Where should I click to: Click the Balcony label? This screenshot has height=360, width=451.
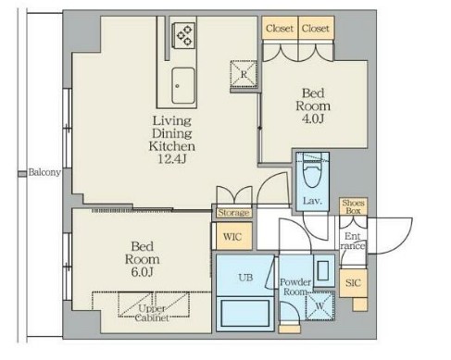[x=44, y=172]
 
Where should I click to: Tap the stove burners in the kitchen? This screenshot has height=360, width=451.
[x=184, y=35]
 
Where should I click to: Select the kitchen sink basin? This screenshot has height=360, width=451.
[x=183, y=86]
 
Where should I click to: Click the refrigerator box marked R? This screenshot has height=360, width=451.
[x=244, y=74]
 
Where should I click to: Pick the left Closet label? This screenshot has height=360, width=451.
[x=280, y=29]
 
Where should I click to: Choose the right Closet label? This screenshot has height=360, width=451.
[x=316, y=29]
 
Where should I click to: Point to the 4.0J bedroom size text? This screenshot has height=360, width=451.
[x=313, y=118]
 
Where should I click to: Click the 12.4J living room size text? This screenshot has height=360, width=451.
[x=172, y=159]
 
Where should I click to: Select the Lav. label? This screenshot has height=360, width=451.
[x=312, y=201]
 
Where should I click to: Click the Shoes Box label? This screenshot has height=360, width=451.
[x=353, y=206]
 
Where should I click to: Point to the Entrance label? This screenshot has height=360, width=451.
[x=353, y=241]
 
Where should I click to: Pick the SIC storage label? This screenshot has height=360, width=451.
[x=353, y=282]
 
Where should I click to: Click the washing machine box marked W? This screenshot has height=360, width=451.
[x=319, y=305]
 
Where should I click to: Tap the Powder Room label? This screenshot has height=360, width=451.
[x=295, y=287]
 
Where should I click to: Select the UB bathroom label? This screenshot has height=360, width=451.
[x=245, y=278]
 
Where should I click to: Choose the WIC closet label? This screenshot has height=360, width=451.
[x=232, y=237]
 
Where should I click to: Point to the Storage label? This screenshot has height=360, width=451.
[x=233, y=213]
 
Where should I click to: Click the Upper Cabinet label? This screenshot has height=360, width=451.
[x=152, y=313]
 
